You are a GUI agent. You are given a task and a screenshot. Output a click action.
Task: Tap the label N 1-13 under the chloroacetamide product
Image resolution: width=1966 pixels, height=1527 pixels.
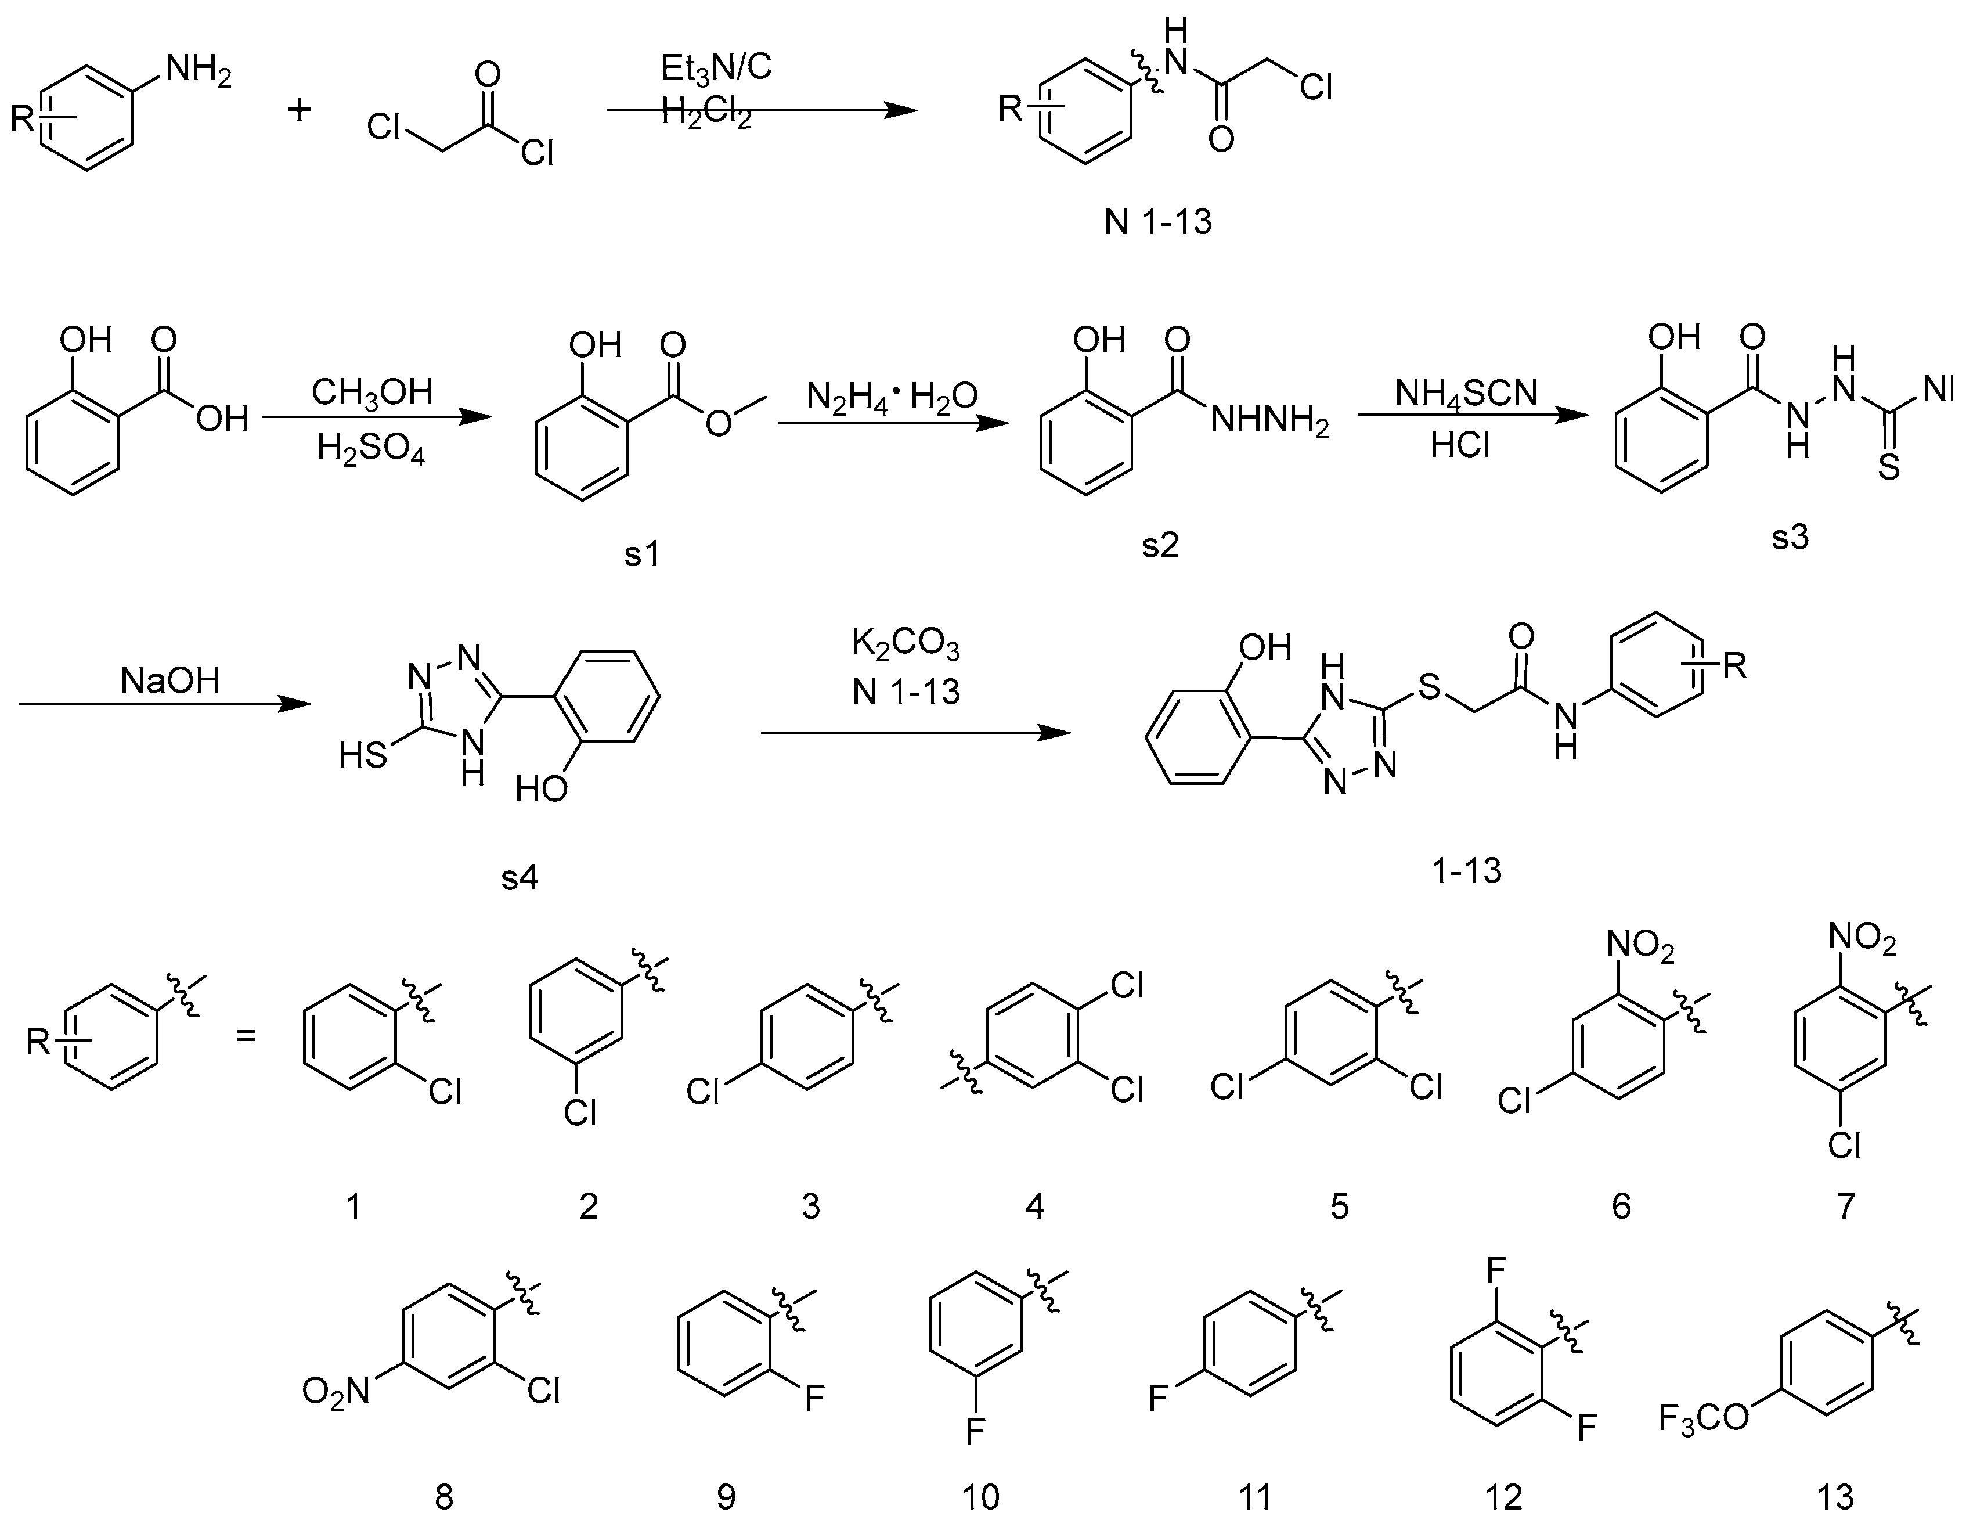(x=1159, y=221)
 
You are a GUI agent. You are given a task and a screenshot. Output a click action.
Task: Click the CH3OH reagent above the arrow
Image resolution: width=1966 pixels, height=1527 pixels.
(x=371, y=392)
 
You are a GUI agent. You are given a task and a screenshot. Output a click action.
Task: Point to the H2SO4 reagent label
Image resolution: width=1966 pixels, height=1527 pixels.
(x=371, y=448)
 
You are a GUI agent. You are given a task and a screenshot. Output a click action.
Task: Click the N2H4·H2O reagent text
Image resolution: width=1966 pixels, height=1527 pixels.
(x=891, y=395)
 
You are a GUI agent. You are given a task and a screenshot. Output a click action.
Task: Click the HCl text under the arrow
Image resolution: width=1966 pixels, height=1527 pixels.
(x=1460, y=445)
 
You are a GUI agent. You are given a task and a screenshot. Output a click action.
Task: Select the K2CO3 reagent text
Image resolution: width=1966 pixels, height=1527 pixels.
(x=906, y=646)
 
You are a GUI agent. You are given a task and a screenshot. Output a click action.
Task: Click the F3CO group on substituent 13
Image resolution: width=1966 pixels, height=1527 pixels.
(x=1704, y=1420)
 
